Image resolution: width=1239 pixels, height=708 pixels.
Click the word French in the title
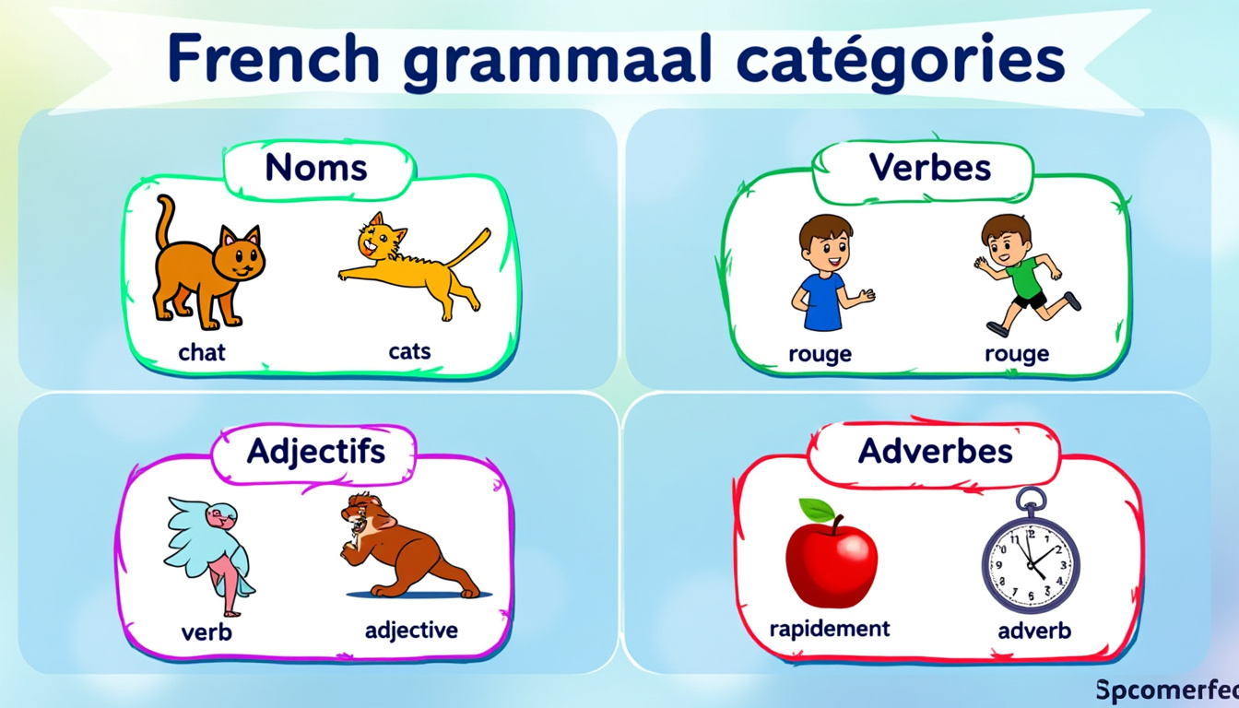click(x=273, y=58)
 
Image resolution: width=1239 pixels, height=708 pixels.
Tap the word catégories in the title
click(x=902, y=61)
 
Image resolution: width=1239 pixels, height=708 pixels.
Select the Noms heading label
click(x=316, y=167)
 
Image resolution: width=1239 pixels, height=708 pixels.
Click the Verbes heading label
click(x=930, y=167)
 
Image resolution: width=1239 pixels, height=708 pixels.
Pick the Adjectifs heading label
click(x=316, y=452)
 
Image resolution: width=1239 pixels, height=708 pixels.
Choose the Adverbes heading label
click(x=936, y=451)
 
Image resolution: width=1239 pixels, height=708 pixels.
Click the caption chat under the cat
click(x=201, y=352)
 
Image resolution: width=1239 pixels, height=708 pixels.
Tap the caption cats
click(x=409, y=351)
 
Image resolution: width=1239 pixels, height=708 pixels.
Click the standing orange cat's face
click(x=239, y=254)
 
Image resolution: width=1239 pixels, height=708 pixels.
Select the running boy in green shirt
click(x=1027, y=275)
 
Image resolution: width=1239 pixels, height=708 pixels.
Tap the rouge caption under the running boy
click(x=1017, y=354)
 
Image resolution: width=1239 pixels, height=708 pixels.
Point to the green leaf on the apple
click(x=818, y=510)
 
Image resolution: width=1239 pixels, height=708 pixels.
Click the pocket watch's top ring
click(x=1031, y=500)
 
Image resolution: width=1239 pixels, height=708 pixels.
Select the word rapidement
click(x=830, y=629)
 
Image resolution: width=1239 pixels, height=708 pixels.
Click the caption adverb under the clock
click(x=1034, y=631)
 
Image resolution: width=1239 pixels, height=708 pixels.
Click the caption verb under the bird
click(x=206, y=632)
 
